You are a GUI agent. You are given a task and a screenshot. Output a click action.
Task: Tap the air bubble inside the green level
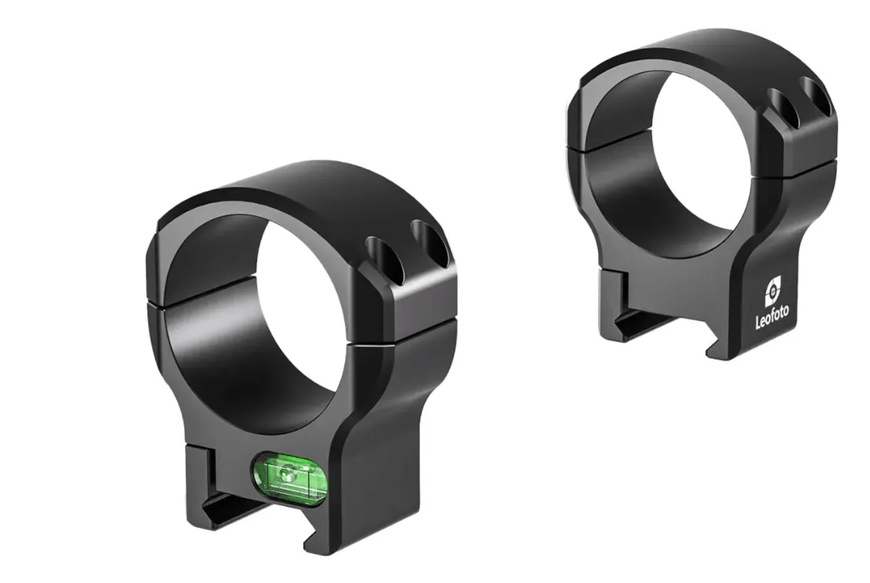click(x=287, y=473)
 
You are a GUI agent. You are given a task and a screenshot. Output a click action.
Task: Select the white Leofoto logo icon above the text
click(x=774, y=290)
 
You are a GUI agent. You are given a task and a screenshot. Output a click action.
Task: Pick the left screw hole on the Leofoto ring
click(x=784, y=108)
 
